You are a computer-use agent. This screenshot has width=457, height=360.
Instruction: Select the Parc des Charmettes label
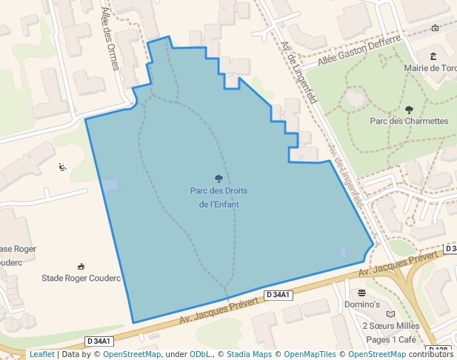click(409, 121)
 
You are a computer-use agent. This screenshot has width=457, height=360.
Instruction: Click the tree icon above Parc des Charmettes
click(409, 110)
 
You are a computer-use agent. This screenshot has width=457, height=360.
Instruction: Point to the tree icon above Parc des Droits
click(219, 179)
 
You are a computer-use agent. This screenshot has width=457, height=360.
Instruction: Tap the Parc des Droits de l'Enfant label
click(219, 197)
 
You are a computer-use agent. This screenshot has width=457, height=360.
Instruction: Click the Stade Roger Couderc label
click(81, 279)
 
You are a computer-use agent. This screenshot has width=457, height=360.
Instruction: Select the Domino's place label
click(362, 304)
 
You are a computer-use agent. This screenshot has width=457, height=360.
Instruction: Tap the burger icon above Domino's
click(362, 293)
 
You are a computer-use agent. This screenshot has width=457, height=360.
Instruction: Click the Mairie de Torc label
click(430, 68)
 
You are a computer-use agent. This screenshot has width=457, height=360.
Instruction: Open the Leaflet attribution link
click(41, 354)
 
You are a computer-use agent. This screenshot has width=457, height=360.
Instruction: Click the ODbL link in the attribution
click(200, 354)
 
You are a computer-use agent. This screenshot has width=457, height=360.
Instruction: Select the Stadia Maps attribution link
click(249, 354)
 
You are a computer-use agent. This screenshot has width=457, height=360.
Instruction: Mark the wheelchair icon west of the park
click(62, 167)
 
